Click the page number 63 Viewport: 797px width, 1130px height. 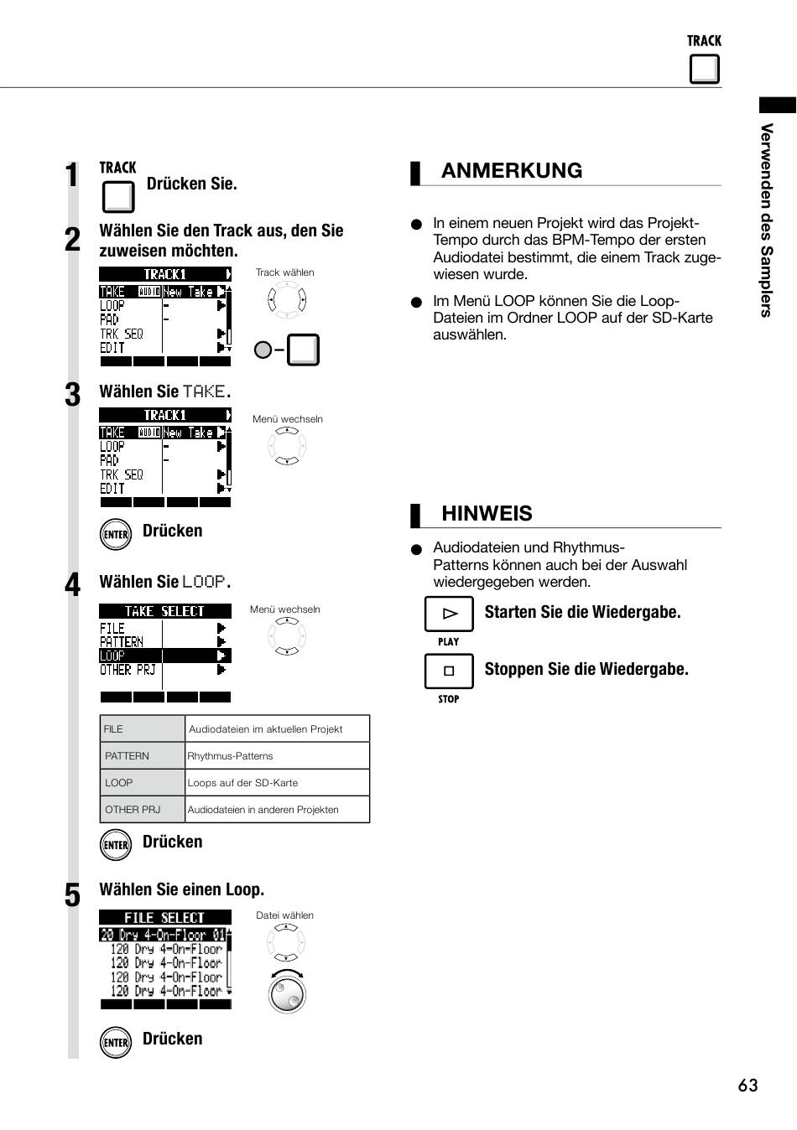(747, 1085)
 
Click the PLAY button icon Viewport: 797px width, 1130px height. (449, 614)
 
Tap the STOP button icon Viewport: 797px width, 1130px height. (449, 671)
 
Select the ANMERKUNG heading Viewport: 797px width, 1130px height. (512, 170)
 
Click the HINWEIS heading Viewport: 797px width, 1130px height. (487, 514)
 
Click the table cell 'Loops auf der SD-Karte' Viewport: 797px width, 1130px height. (277, 782)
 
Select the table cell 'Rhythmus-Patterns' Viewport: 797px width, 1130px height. (277, 755)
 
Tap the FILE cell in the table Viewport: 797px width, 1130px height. (143, 729)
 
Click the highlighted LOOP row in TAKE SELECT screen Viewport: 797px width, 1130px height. (165, 656)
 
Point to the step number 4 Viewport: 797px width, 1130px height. (72, 584)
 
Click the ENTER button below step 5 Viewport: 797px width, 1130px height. (116, 1043)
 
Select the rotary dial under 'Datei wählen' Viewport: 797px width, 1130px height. (287, 993)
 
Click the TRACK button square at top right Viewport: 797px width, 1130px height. (704, 69)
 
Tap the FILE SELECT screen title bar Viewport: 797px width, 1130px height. (165, 917)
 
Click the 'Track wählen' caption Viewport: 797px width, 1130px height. (284, 272)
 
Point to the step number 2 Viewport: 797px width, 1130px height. (72, 239)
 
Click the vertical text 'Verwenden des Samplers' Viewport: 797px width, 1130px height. (766, 220)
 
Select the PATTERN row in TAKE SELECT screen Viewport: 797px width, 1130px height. (165, 641)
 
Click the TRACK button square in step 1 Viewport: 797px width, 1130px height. (118, 197)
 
